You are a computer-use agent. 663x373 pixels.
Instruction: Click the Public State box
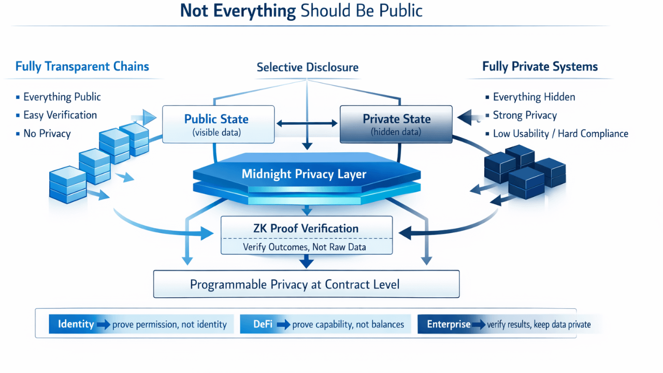(x=218, y=124)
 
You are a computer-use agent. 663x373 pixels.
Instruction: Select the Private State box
(x=396, y=124)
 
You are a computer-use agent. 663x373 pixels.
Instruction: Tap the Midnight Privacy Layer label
(x=304, y=174)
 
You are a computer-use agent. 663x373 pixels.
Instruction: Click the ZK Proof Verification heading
(x=306, y=228)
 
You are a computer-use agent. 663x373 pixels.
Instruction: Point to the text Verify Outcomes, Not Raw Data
(x=305, y=247)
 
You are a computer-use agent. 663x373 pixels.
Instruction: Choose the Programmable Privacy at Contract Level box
(x=306, y=284)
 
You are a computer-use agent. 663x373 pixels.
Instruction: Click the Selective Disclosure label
(x=307, y=67)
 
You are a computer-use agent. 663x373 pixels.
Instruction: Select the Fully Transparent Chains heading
(x=82, y=66)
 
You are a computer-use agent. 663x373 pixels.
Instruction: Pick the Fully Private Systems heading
(x=540, y=66)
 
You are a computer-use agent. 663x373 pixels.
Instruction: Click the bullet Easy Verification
(x=60, y=115)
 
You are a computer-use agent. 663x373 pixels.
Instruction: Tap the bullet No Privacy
(x=47, y=134)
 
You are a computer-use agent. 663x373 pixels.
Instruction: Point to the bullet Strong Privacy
(x=525, y=115)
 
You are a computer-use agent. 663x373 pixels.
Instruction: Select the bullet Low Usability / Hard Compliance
(x=560, y=134)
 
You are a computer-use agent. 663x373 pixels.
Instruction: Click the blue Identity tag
(x=76, y=324)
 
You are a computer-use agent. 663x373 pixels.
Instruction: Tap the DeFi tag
(x=263, y=324)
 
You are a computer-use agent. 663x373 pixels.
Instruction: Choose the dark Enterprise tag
(x=449, y=324)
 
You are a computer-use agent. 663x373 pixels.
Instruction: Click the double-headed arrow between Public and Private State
(x=307, y=124)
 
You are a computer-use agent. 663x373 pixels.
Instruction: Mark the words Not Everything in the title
(x=238, y=11)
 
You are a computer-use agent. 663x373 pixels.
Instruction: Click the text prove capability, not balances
(x=348, y=325)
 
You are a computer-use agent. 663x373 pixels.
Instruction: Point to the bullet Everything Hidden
(x=534, y=97)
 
